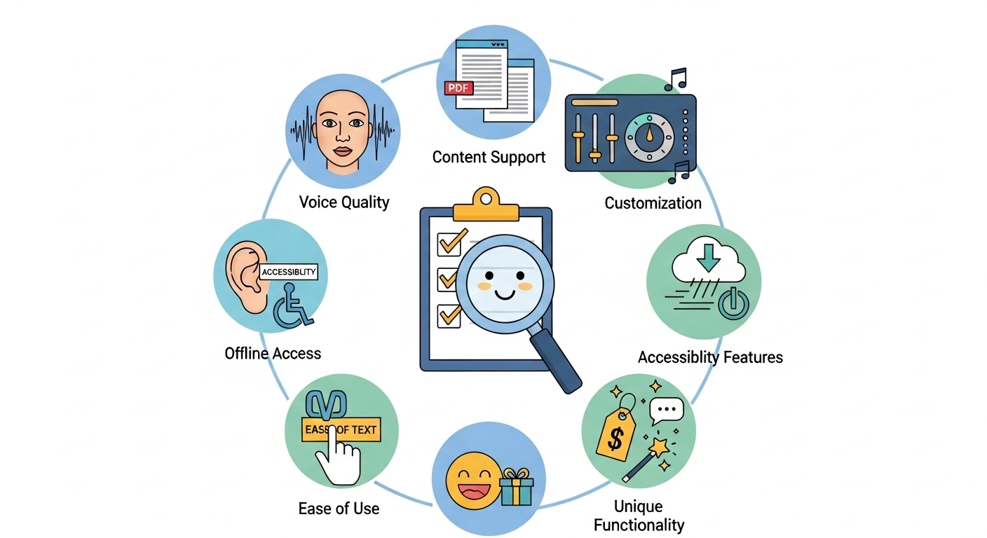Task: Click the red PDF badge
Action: pyautogui.click(x=460, y=88)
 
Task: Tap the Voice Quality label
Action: pyautogui.click(x=343, y=202)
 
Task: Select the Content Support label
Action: pyautogui.click(x=489, y=157)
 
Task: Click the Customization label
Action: pyautogui.click(x=653, y=203)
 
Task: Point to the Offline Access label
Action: pyautogui.click(x=273, y=353)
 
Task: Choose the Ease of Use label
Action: pyautogui.click(x=339, y=508)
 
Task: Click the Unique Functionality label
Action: pyautogui.click(x=639, y=515)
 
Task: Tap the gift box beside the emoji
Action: pyautogui.click(x=517, y=488)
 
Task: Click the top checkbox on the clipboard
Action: pyautogui.click(x=448, y=242)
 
